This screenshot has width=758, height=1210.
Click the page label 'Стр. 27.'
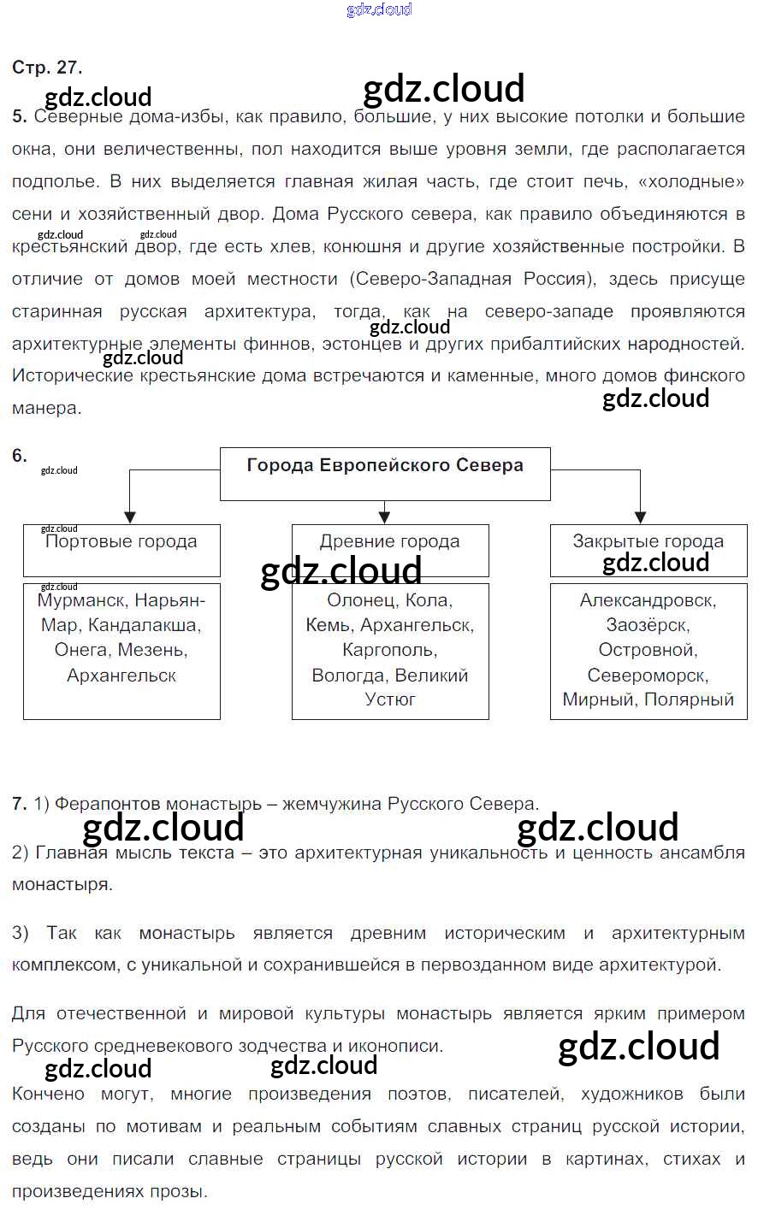click(x=47, y=68)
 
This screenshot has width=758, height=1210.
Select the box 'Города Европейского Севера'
click(x=385, y=474)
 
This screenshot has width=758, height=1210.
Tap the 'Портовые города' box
click(x=121, y=550)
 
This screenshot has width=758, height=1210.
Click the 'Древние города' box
click(x=390, y=550)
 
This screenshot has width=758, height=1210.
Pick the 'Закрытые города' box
click(x=648, y=550)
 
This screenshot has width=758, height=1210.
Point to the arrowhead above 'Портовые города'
click(x=130, y=517)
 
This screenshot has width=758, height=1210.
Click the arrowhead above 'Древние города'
click(x=385, y=517)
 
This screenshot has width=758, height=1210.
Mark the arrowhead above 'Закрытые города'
click(x=640, y=517)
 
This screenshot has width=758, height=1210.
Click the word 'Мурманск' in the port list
click(x=81, y=600)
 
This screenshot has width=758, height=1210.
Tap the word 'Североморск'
click(x=648, y=676)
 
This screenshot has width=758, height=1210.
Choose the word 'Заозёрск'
click(x=648, y=625)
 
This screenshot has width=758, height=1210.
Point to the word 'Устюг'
click(x=390, y=699)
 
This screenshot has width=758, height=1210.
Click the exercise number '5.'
click(x=20, y=117)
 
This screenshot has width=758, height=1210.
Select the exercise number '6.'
click(x=20, y=456)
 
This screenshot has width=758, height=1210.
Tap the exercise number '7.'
click(x=20, y=804)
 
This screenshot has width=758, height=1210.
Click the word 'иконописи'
click(x=401, y=1046)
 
